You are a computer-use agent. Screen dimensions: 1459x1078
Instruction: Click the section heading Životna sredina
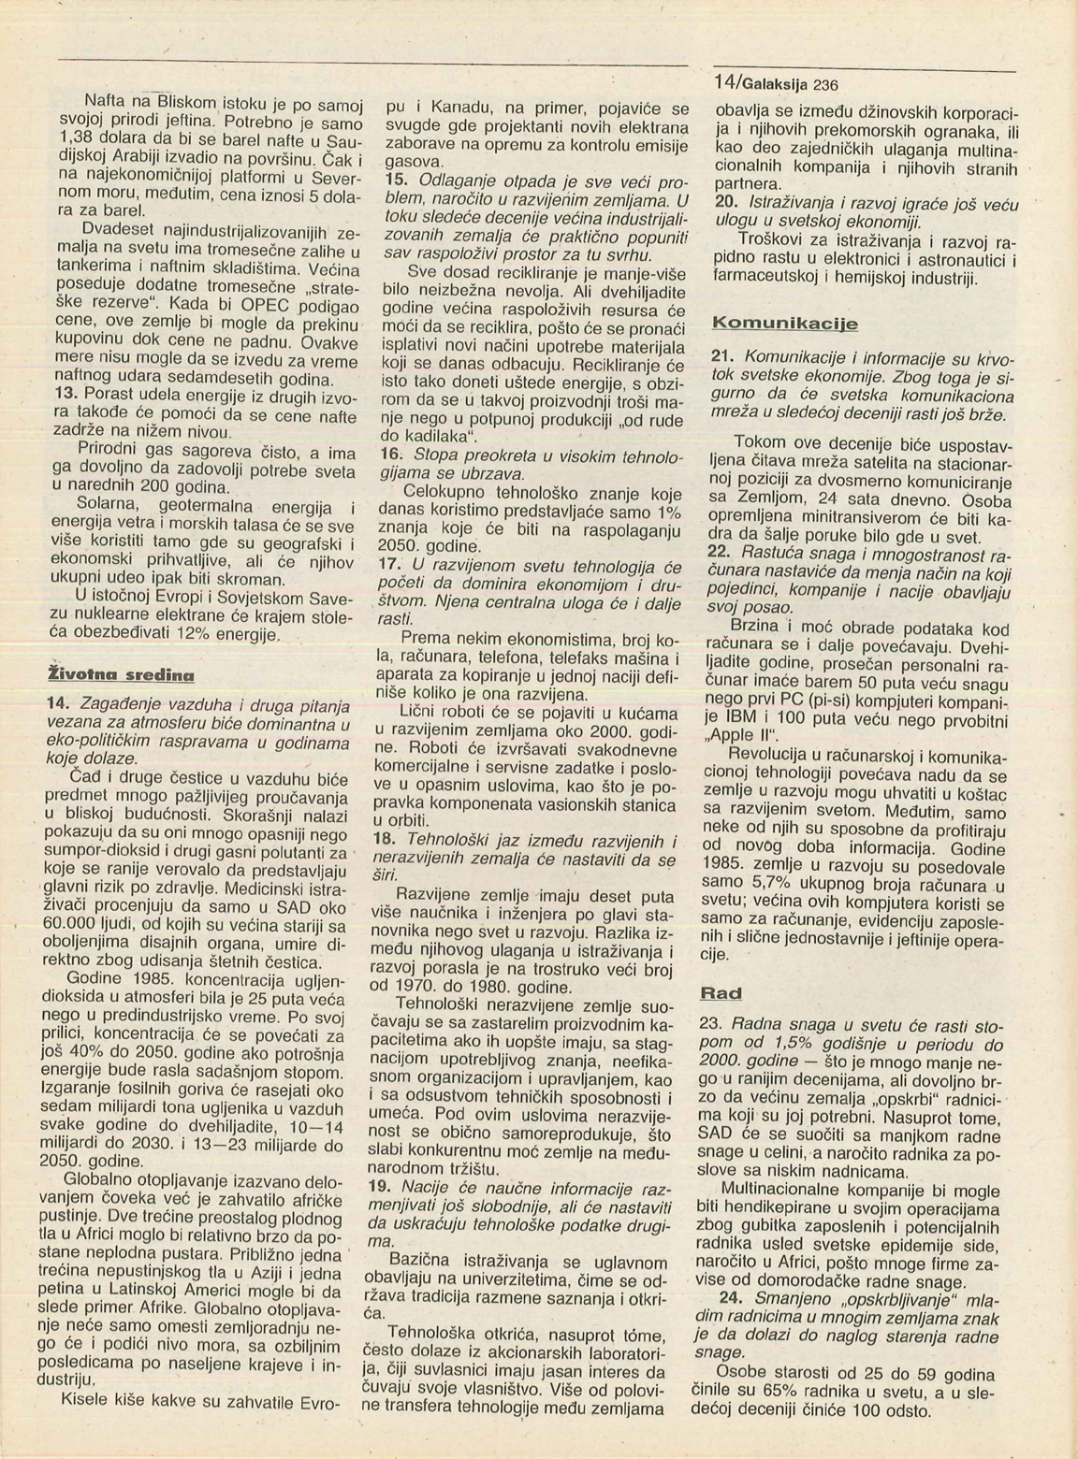pos(121,672)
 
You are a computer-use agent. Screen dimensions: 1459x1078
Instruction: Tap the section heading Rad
pos(721,992)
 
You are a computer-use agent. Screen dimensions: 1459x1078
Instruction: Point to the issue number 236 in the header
pos(825,84)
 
